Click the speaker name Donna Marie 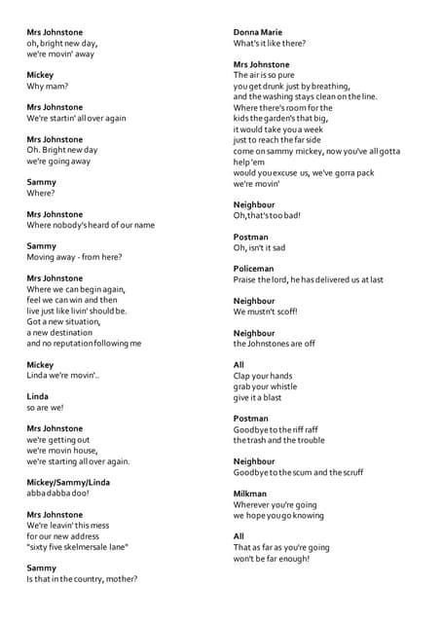pyautogui.click(x=257, y=32)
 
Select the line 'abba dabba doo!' pyautogui.click(x=57, y=494)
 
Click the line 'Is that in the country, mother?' pyautogui.click(x=82, y=579)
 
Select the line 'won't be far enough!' pyautogui.click(x=272, y=558)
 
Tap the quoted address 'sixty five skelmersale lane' pyautogui.click(x=78, y=547)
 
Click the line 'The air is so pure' pyautogui.click(x=264, y=75)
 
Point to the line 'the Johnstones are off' pyautogui.click(x=275, y=344)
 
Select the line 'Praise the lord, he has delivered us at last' pyautogui.click(x=308, y=279)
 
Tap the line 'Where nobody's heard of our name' pyautogui.click(x=91, y=225)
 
